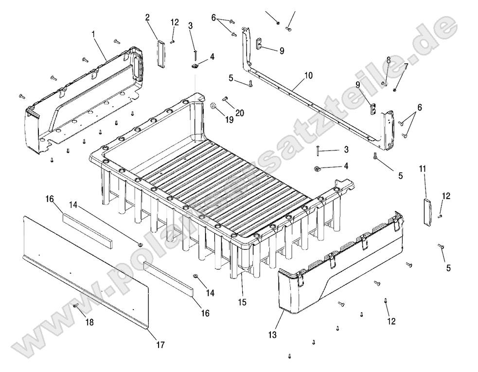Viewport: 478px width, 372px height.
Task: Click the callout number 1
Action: tap(93, 35)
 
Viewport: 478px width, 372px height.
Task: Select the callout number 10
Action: tap(308, 75)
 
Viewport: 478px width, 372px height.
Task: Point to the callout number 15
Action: tap(242, 302)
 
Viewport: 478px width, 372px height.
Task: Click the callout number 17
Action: tap(160, 345)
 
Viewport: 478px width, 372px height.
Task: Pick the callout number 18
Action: tap(90, 322)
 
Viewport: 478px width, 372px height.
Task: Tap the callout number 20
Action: tap(239, 113)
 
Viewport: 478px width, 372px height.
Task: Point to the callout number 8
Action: tap(389, 59)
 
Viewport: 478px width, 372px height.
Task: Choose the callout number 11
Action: tap(423, 168)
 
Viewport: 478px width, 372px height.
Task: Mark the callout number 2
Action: tap(147, 18)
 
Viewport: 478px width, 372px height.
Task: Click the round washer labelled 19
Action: tap(213, 105)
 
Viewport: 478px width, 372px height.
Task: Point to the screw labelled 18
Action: tap(76, 305)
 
